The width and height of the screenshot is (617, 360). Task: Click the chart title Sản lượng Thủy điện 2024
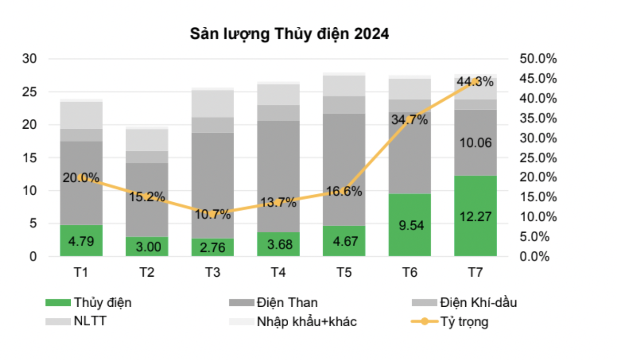[290, 35]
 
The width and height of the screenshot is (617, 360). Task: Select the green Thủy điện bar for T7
[475, 215]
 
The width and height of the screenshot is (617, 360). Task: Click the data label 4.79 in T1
[81, 241]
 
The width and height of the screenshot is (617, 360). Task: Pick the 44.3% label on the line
[475, 82]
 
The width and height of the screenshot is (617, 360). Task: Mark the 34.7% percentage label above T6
[409, 119]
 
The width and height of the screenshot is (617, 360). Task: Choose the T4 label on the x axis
[278, 273]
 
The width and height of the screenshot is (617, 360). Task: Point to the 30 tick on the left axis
[30, 59]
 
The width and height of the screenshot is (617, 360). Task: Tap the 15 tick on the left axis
[30, 158]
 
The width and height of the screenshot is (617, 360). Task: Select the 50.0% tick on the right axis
[538, 59]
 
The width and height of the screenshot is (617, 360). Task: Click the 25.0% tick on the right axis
[538, 158]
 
